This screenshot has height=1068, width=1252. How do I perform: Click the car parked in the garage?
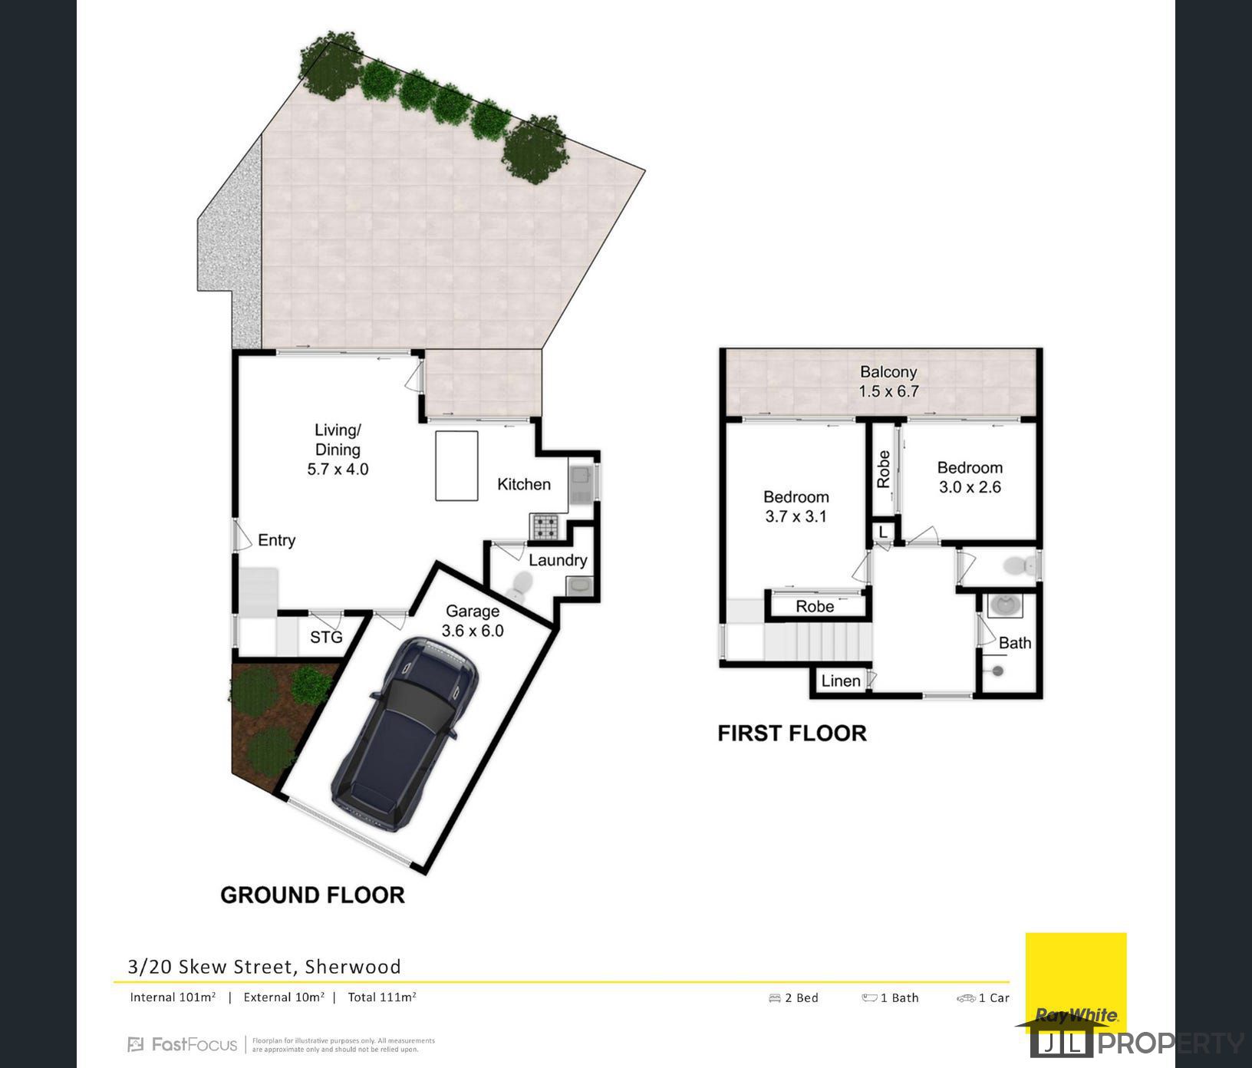pyautogui.click(x=404, y=733)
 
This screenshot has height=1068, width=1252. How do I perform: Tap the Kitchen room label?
pyautogui.click(x=524, y=484)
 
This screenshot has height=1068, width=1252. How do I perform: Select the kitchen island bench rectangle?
pyautogui.click(x=456, y=466)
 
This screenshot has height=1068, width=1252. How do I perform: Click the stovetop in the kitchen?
pyautogui.click(x=545, y=527)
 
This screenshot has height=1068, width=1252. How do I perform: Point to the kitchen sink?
pyautogui.click(x=581, y=484)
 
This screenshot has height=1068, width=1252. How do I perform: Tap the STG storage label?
pyautogui.click(x=326, y=637)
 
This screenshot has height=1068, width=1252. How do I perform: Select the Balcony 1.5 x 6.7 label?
pyautogui.click(x=888, y=381)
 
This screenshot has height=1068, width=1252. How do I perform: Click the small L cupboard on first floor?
pyautogui.click(x=883, y=532)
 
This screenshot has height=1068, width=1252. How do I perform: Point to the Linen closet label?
pyautogui.click(x=841, y=681)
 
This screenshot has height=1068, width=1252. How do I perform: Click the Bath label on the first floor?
pyautogui.click(x=1015, y=643)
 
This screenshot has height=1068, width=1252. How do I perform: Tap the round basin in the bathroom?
pyautogui.click(x=1007, y=606)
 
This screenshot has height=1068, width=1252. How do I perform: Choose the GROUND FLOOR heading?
pyautogui.click(x=312, y=895)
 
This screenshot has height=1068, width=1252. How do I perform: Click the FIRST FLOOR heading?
pyautogui.click(x=792, y=733)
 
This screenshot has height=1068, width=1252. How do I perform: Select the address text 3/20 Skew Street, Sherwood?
pyautogui.click(x=264, y=966)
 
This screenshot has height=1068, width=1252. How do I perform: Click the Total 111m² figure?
pyautogui.click(x=382, y=997)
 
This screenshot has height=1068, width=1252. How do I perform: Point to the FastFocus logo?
pyautogui.click(x=183, y=1044)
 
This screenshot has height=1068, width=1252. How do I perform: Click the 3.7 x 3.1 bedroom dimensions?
pyautogui.click(x=796, y=516)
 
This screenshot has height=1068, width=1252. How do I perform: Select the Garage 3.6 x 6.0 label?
pyautogui.click(x=473, y=621)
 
